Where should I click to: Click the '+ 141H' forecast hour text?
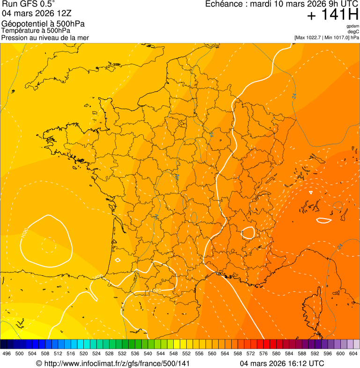332,15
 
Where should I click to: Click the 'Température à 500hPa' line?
33,31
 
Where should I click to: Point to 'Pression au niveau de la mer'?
45,37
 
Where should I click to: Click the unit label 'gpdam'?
353,26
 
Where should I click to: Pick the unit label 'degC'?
353,32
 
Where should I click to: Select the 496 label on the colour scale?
7,353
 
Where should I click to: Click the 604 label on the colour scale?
353,353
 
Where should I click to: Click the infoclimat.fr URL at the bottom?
117,363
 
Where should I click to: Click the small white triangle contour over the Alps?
311,192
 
